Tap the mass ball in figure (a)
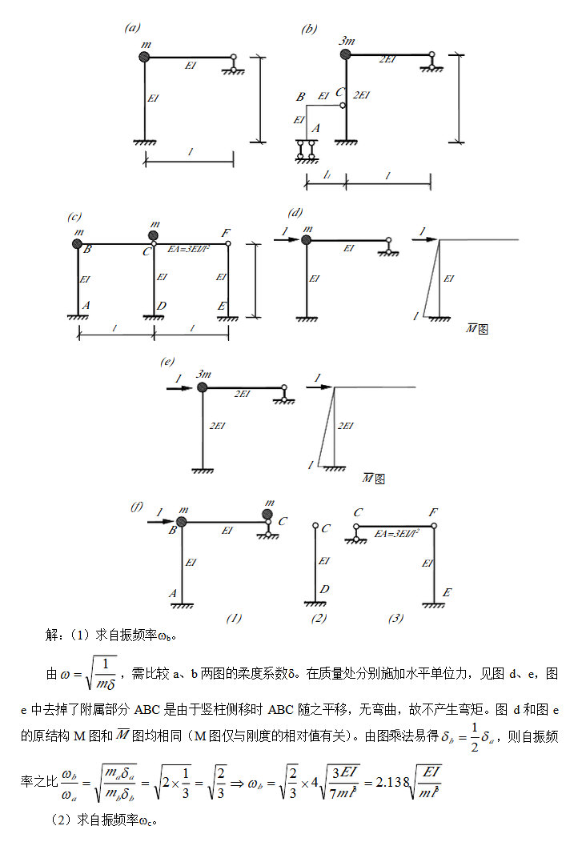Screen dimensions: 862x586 tap(144, 57)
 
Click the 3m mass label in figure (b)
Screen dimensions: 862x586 tap(347, 40)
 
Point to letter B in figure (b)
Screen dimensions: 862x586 tap(301, 97)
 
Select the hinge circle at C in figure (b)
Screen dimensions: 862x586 tap(343, 106)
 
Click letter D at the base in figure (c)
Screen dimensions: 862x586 tap(163, 306)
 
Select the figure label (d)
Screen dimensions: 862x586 tap(295, 212)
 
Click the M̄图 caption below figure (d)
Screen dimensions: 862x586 tap(477, 329)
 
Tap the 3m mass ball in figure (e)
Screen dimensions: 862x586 tap(203, 388)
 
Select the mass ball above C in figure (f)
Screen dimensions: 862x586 tap(267, 514)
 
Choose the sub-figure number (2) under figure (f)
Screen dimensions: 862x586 tap(319, 618)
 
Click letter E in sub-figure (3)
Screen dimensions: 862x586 tap(447, 592)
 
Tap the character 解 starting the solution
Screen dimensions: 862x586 tap(51, 635)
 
